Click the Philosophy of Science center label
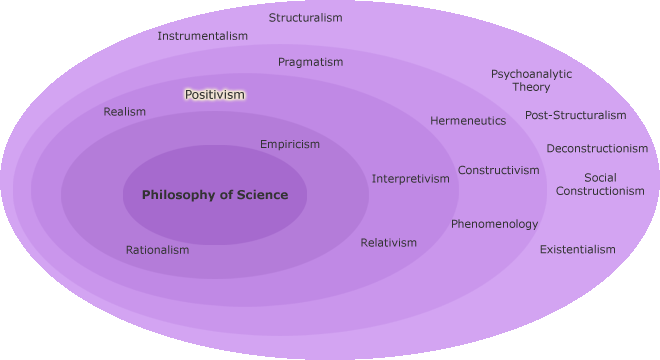coord(214,195)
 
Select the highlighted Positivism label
coord(214,95)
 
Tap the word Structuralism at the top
coord(305,18)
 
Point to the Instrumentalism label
coord(202,36)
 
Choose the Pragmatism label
coord(310,62)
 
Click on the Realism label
coord(124,112)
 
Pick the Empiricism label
coord(290,144)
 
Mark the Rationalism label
coord(157,250)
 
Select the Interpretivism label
coord(411,179)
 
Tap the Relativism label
coord(388,243)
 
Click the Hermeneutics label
coord(468,121)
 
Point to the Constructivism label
coord(498,170)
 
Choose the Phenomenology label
coord(494,224)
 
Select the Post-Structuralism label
coord(575,115)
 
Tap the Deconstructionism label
coord(597,149)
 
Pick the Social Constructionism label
coord(600,184)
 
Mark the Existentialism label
coord(577,249)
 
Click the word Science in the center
coord(256,195)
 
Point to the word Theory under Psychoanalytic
coord(531,88)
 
